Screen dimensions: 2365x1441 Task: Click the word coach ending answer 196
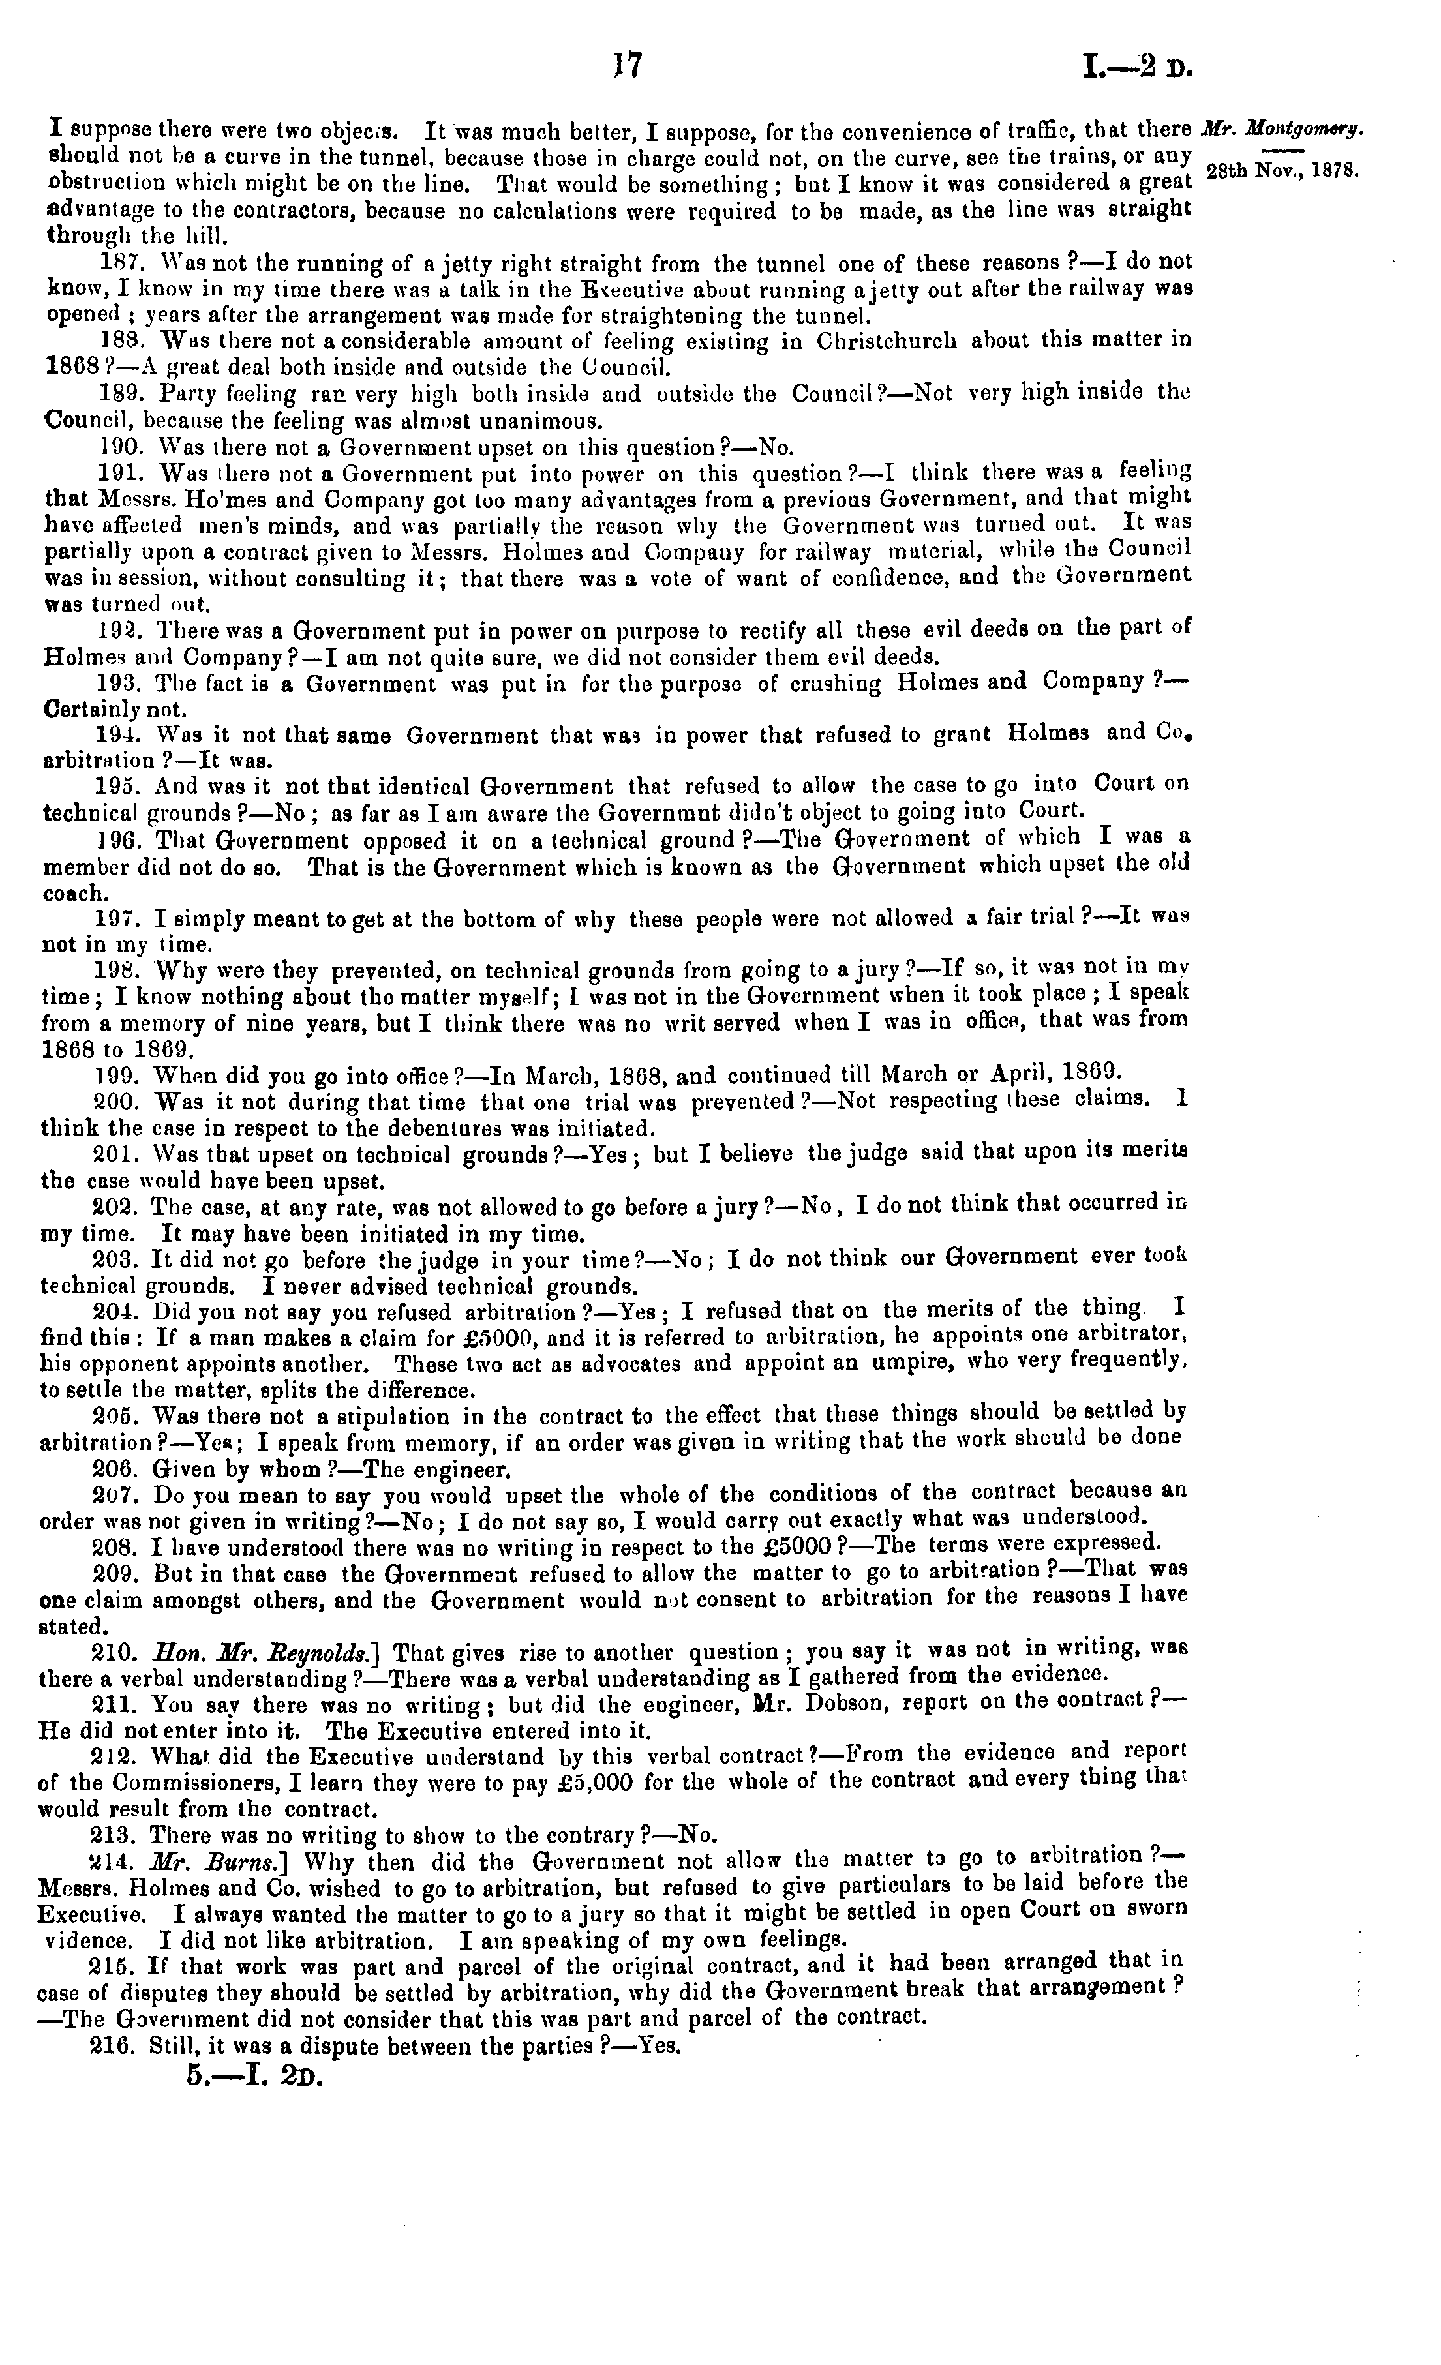click(x=76, y=893)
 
